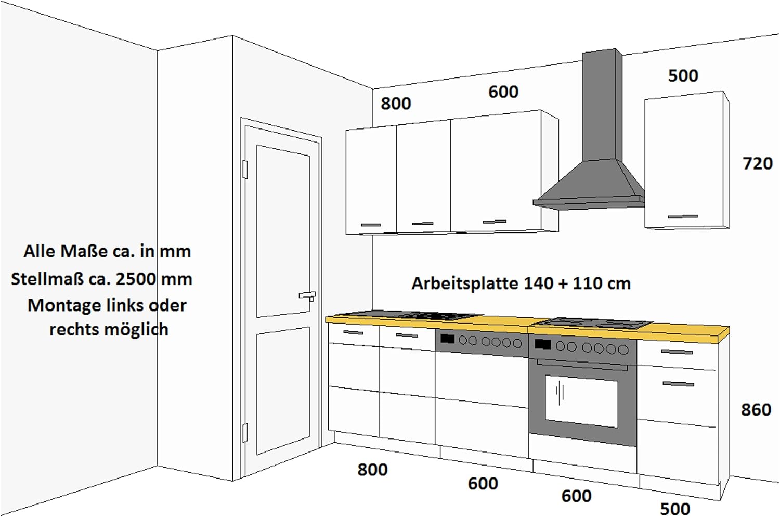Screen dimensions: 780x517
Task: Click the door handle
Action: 307,295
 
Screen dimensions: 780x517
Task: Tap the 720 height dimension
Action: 758,164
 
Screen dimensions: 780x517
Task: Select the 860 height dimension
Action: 756,410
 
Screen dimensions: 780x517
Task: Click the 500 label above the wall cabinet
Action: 683,75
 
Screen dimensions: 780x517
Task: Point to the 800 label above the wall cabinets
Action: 396,104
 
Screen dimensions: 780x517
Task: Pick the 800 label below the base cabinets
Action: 372,470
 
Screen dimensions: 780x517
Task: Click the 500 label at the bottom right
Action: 675,509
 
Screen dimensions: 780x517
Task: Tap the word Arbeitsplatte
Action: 465,283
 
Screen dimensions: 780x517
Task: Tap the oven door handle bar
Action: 582,365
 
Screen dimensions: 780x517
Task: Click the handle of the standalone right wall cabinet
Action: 682,217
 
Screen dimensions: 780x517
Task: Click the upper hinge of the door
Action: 245,170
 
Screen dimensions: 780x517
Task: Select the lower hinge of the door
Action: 245,433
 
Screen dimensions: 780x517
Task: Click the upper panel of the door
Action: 283,231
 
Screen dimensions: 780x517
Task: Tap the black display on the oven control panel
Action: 542,344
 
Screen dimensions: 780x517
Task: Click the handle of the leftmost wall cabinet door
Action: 370,225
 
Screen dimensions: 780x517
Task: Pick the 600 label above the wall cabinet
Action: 503,92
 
